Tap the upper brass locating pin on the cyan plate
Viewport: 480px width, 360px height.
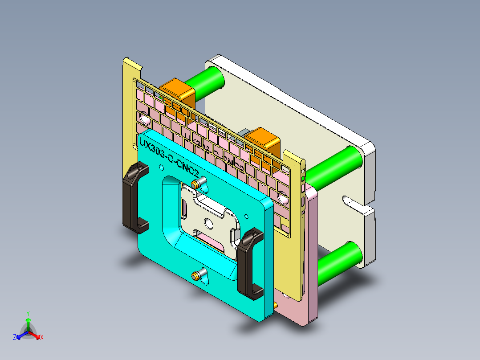(x=195, y=184)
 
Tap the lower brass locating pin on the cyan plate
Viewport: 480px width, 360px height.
(x=195, y=276)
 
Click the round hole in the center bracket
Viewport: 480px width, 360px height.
(x=208, y=222)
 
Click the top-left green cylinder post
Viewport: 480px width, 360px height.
(x=206, y=81)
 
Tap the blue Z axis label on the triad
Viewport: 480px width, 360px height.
(x=15, y=338)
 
